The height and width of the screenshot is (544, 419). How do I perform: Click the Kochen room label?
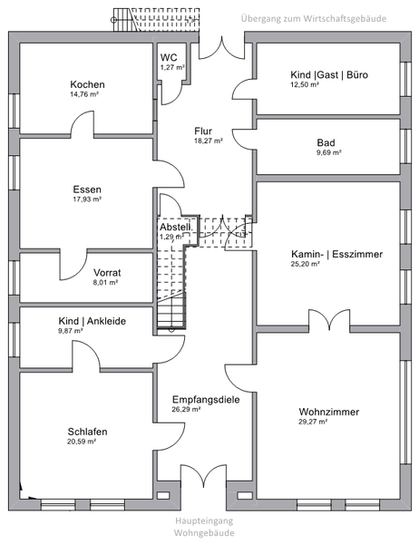tap(87, 84)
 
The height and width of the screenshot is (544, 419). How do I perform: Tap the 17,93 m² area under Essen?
tap(87, 199)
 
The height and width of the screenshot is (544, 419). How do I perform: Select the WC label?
tap(169, 57)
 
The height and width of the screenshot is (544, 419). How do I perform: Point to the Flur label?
tap(203, 131)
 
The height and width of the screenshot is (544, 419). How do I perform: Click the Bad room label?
tap(326, 142)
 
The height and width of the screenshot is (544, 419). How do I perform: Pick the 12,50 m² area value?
tap(305, 84)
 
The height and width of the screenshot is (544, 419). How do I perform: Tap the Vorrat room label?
tap(107, 273)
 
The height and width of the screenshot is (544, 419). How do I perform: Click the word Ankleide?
tap(106, 321)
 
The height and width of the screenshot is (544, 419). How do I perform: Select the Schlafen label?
tap(87, 432)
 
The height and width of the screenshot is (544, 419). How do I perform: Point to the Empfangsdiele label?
tap(206, 400)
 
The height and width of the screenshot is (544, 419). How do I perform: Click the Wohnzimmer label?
tap(329, 412)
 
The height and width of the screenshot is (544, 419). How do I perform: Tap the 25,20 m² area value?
tap(305, 264)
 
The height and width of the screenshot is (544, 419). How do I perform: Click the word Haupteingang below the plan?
tap(204, 520)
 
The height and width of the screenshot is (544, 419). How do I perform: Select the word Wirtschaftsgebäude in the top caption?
tap(345, 18)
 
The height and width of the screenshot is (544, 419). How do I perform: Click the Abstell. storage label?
tap(176, 228)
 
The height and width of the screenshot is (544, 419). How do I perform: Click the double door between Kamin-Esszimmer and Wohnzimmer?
tap(329, 319)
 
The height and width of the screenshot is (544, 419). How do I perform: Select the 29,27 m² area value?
tap(313, 422)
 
